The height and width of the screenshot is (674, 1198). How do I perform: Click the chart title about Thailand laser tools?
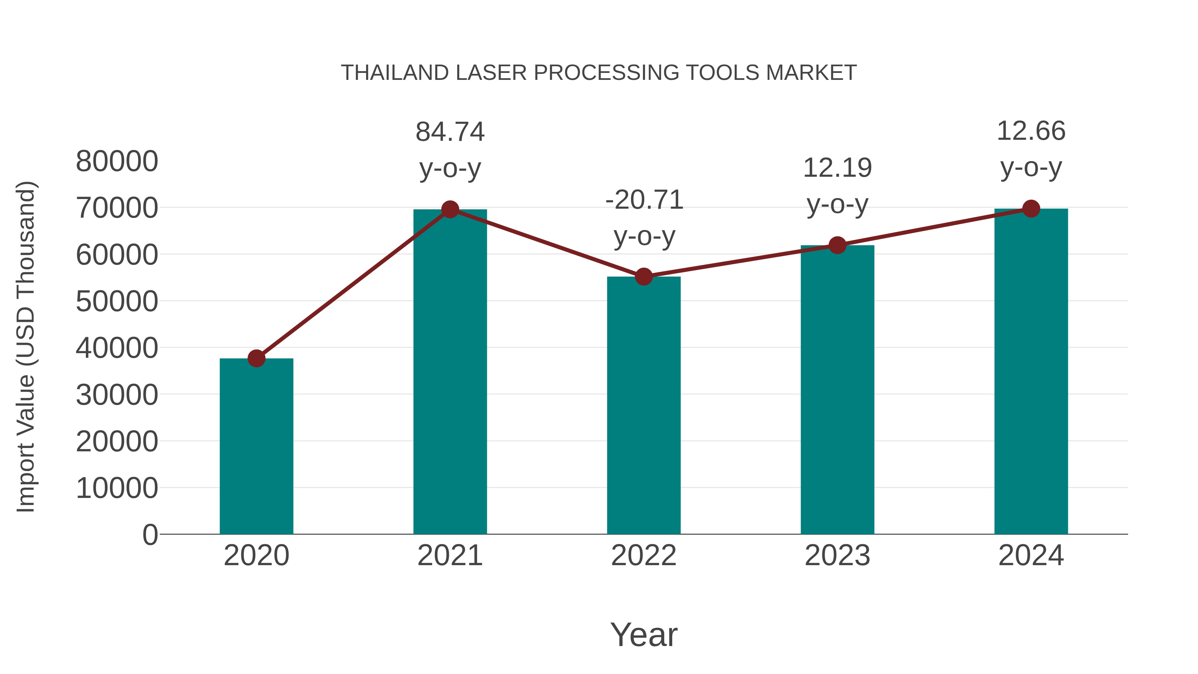(599, 73)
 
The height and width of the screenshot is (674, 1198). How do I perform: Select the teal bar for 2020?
(256, 447)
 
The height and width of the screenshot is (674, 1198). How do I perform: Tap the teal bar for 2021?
(450, 372)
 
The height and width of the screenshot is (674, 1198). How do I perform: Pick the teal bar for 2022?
(644, 405)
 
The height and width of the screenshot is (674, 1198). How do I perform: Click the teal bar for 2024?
(1031, 372)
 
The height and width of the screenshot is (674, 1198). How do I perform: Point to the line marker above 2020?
(256, 358)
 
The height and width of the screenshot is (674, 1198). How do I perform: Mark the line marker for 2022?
(644, 277)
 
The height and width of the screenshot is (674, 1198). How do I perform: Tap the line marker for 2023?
(837, 245)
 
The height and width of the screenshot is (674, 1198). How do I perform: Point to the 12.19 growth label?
(837, 168)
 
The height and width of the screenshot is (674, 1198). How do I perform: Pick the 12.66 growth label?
(1031, 131)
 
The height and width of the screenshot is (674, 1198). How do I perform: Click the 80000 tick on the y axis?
(117, 161)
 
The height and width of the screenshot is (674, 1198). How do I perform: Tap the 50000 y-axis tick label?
(117, 302)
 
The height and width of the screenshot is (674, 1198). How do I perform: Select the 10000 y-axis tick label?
(117, 488)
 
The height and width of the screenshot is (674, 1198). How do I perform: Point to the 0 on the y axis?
(150, 535)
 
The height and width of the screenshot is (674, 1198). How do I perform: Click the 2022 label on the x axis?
(644, 556)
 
